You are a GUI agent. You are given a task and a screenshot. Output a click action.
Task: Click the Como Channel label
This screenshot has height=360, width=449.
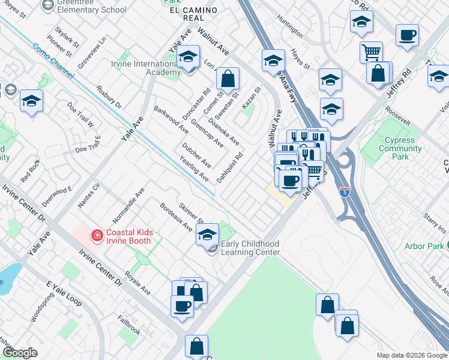(53, 62)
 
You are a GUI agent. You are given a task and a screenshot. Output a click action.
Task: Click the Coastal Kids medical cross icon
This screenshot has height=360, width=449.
(95, 235)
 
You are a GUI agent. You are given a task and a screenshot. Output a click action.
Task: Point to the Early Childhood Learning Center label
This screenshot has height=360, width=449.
(250, 248)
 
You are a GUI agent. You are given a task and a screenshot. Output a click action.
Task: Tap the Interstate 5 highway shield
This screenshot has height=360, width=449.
(344, 193)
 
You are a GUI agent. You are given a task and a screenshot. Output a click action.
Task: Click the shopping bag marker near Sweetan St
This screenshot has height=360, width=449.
(228, 79)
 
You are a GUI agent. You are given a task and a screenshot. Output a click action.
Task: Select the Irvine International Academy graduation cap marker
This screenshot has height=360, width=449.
(188, 59)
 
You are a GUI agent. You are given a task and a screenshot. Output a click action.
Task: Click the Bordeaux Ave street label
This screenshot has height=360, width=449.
(176, 217)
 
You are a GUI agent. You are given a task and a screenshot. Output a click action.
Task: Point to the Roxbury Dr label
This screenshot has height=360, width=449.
(109, 97)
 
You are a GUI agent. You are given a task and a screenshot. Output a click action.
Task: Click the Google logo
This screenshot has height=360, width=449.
(20, 353)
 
